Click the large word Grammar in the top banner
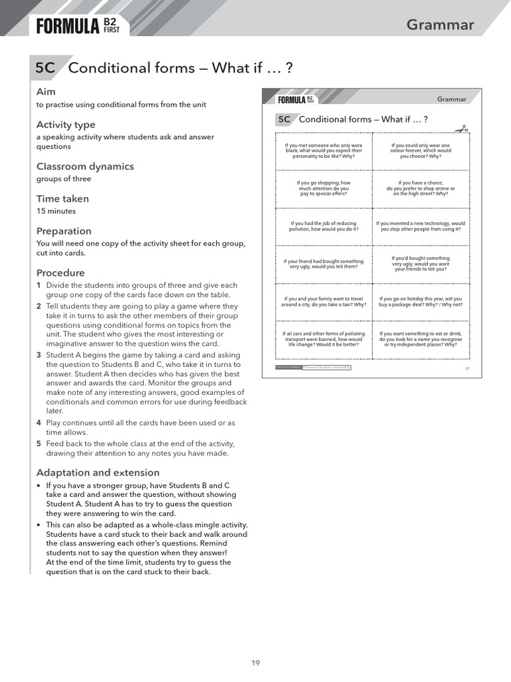coord(440,25)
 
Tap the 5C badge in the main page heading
coord(46,68)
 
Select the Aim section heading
coord(46,91)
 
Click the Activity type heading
coord(65,125)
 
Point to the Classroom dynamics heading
coord(85,167)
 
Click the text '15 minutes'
coord(56,211)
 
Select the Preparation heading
coord(64,231)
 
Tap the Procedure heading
coord(61,272)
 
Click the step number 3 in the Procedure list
coord(39,355)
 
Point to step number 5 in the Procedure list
coord(39,444)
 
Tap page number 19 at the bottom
coord(255,663)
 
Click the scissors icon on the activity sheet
coord(461,129)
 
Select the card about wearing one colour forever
coord(421,151)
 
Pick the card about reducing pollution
coord(323,226)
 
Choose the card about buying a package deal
coord(421,302)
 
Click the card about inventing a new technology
coord(421,226)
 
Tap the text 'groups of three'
coord(64,178)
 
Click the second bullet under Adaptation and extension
coord(39,525)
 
